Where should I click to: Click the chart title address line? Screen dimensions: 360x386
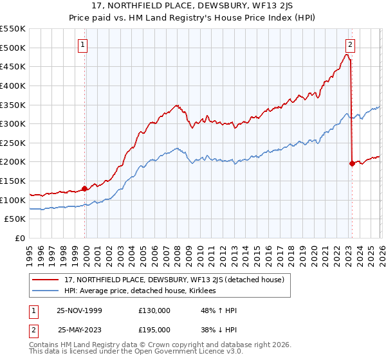click(x=192, y=6)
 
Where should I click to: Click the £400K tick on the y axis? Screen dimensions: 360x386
click(x=13, y=85)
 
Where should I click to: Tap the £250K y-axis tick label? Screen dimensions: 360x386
click(x=13, y=143)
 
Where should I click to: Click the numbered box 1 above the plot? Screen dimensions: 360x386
click(x=84, y=45)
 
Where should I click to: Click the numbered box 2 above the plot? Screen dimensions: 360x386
click(x=350, y=45)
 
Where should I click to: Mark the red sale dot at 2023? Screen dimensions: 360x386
click(x=352, y=164)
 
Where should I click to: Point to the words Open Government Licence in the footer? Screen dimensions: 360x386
click(x=194, y=353)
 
